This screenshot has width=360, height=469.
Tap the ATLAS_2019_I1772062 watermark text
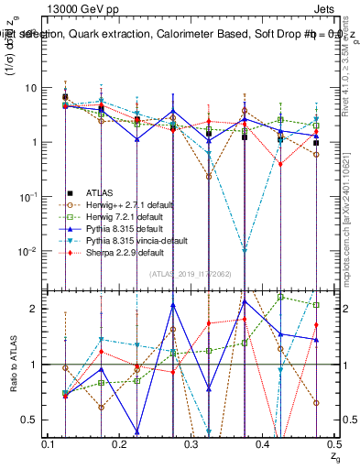pyautogui.click(x=190, y=274)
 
